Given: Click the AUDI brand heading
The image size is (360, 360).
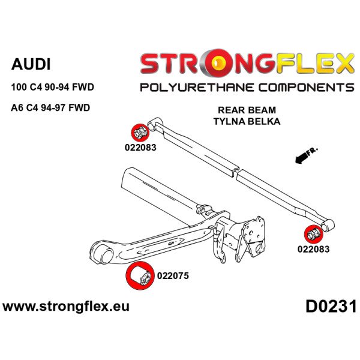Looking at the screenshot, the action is pyautogui.click(x=31, y=64).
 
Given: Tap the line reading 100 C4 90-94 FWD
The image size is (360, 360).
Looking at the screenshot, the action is pyautogui.click(x=53, y=87).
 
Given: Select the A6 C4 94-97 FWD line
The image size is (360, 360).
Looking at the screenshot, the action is pyautogui.click(x=50, y=107).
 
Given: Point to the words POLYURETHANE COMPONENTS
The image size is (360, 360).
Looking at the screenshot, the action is pyautogui.click(x=247, y=88).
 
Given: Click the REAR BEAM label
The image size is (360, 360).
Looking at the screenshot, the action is pyautogui.click(x=247, y=110).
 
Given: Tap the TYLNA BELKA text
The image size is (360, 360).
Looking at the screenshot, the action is pyautogui.click(x=247, y=121).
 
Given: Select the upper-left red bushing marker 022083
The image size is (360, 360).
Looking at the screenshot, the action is pyautogui.click(x=140, y=133).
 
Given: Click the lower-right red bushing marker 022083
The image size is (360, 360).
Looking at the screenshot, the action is pyautogui.click(x=314, y=235).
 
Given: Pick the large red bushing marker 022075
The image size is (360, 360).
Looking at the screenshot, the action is pyautogui.click(x=140, y=275).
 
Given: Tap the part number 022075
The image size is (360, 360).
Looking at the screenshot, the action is pyautogui.click(x=173, y=276).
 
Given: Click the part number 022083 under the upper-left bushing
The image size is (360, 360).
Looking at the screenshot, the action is pyautogui.click(x=140, y=148).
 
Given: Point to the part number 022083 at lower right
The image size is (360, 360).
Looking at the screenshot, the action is pyautogui.click(x=314, y=249).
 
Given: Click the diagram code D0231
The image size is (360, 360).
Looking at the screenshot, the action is pyautogui.click(x=331, y=307).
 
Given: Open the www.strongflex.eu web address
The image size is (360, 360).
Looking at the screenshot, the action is pyautogui.click(x=66, y=307).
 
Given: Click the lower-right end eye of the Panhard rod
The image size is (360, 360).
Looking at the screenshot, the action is pyautogui.click(x=328, y=226).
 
